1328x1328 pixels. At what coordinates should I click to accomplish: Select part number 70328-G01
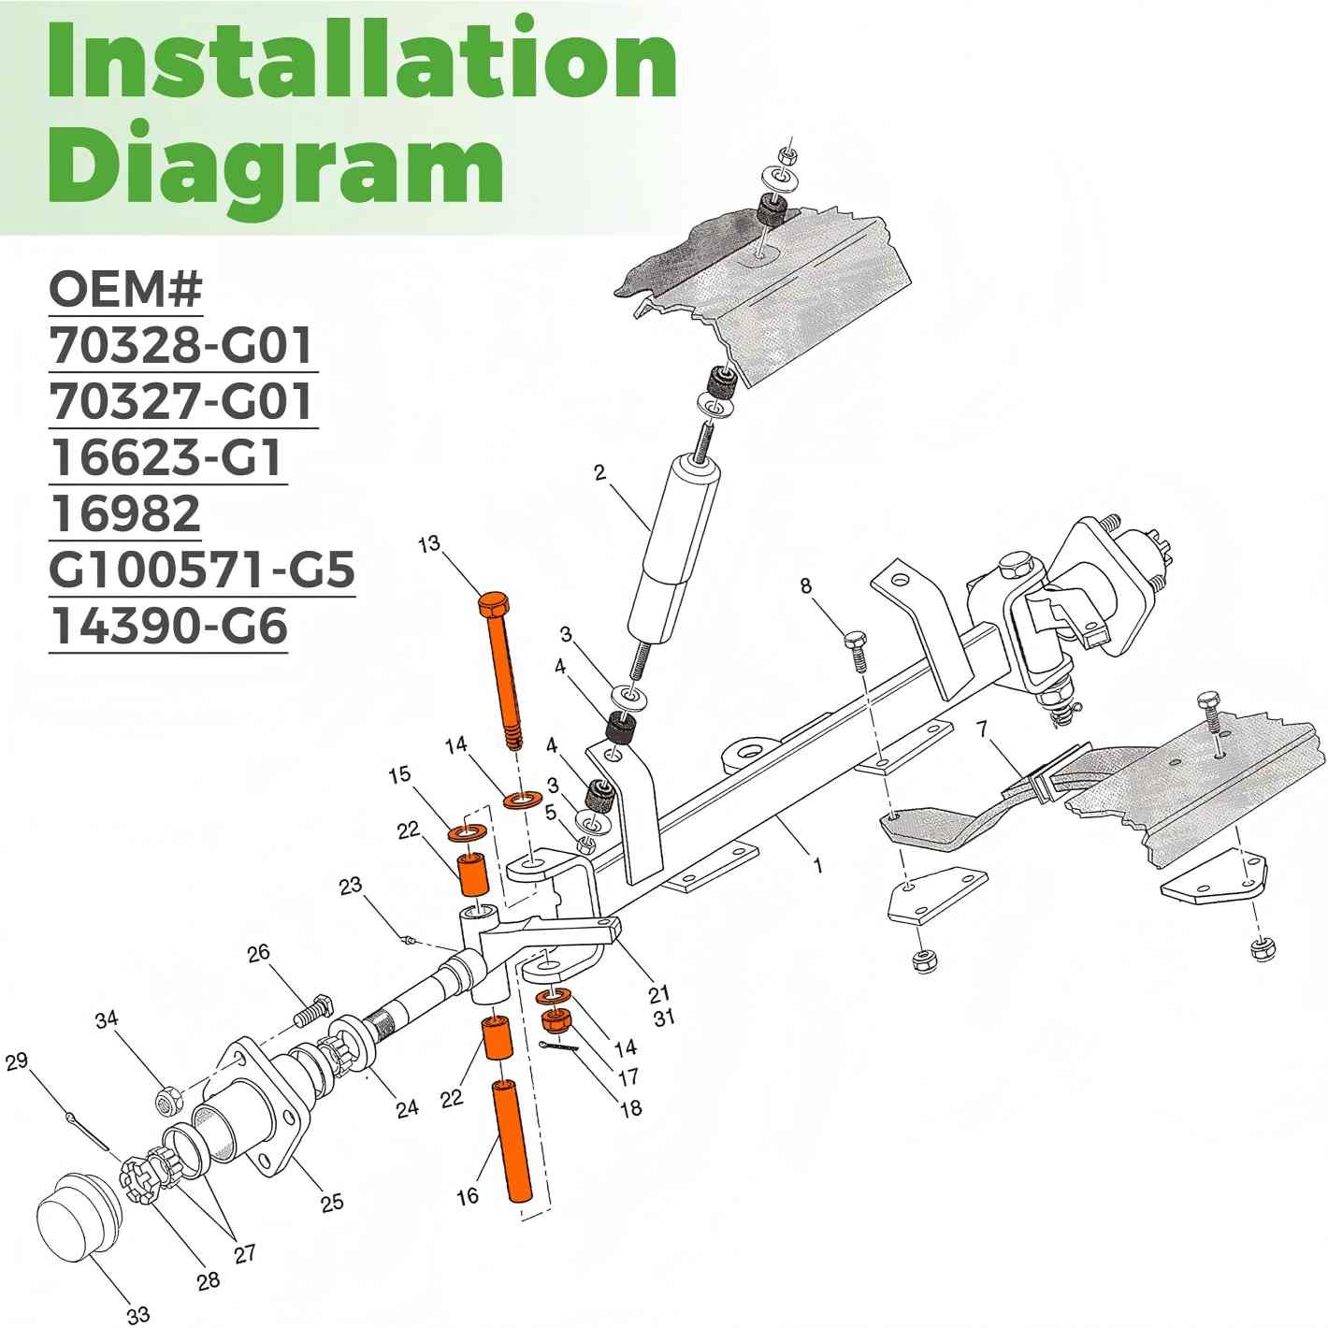coord(180,346)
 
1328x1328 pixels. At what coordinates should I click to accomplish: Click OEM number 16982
coord(125,513)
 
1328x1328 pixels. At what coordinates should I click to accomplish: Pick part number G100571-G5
coord(202,570)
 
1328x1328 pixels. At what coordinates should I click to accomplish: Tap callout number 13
coord(429,544)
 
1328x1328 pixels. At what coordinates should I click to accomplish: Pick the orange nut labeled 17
coord(557,1022)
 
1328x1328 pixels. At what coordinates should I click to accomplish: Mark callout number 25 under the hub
coord(332,1202)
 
